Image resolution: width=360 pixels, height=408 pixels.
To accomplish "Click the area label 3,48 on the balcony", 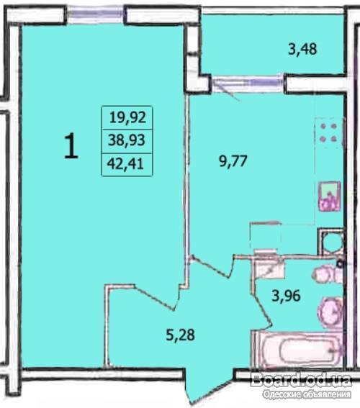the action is tap(302, 49).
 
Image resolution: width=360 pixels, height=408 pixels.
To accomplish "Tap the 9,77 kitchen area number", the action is tap(233, 160).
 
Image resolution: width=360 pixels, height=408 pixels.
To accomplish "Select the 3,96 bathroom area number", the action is tap(286, 296).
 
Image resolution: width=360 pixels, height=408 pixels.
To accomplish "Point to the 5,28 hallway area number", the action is tap(181, 335).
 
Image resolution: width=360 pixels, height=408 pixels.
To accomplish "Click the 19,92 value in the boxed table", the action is tap(127, 117).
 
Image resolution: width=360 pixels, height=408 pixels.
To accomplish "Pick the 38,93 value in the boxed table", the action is tap(127, 140).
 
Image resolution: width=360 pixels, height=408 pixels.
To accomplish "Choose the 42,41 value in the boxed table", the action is tap(125, 164).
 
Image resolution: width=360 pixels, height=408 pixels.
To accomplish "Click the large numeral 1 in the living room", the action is tap(71, 145).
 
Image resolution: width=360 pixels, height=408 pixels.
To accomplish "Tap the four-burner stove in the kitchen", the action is tap(328, 132).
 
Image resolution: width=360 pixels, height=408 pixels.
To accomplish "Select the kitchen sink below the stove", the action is tap(329, 196).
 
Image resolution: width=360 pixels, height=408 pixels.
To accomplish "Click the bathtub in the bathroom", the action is tap(298, 349).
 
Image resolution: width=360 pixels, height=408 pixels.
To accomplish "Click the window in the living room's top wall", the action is tap(95, 14).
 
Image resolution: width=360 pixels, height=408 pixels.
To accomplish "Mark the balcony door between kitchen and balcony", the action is tap(247, 83).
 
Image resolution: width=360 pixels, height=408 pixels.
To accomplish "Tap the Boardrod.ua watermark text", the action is tap(301, 381).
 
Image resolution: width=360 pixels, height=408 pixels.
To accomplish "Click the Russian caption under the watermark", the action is tap(307, 394).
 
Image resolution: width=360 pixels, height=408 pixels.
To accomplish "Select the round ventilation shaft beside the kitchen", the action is tap(331, 242).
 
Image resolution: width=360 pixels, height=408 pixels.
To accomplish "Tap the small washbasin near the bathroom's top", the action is tap(325, 273).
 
